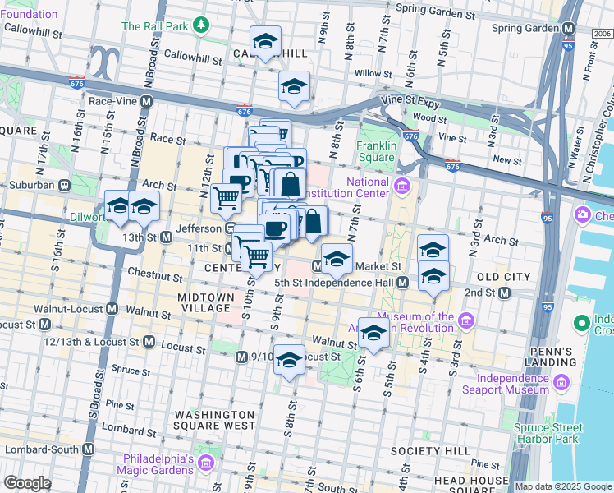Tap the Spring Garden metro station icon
pos(569,27)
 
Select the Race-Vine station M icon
pos(147,101)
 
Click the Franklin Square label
pos(377,151)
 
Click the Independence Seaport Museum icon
pos(562,382)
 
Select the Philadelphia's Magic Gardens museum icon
pos(207,464)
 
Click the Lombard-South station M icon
pos(88,449)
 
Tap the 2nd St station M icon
pos(504,293)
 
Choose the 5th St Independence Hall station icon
pos(402,282)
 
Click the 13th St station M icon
pos(166,237)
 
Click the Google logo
pos(26,483)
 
